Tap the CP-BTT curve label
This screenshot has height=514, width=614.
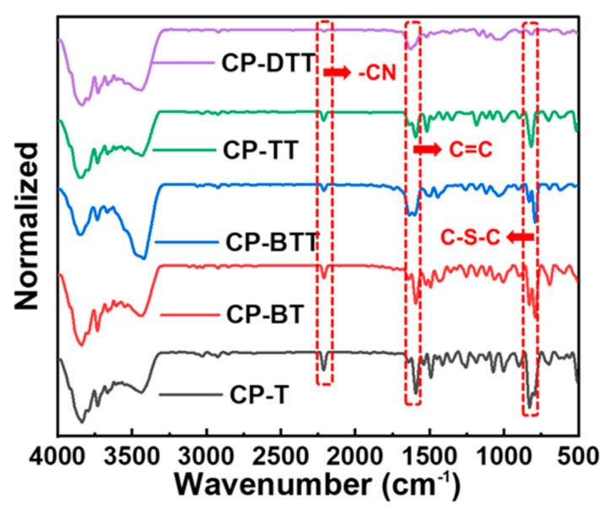[272, 242]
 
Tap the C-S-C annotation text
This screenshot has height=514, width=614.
[471, 238]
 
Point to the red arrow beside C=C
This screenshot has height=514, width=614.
[427, 150]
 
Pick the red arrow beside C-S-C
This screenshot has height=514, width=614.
[520, 238]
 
